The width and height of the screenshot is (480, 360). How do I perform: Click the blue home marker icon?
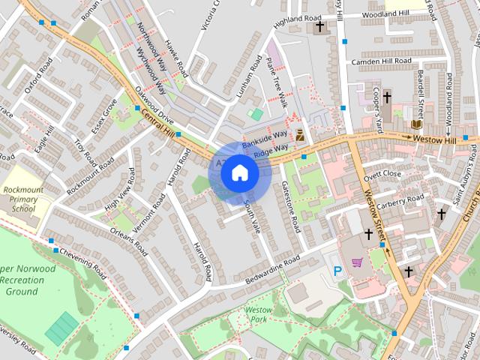point(239,173)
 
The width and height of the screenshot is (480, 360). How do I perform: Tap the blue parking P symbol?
point(337,271)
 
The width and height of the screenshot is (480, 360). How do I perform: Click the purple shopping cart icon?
point(358,262)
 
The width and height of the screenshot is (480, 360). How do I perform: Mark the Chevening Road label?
point(83,257)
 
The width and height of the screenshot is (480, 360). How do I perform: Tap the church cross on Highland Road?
point(319,27)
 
